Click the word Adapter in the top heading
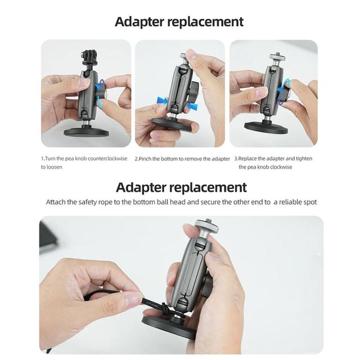pyautogui.click(x=139, y=22)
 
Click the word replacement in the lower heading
pyautogui.click(x=208, y=187)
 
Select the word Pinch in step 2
pyautogui.click(x=145, y=159)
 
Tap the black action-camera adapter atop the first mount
pyautogui.click(x=86, y=57)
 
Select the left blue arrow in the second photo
pyautogui.click(x=163, y=101)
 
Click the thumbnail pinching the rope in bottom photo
pyautogui.click(x=134, y=299)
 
